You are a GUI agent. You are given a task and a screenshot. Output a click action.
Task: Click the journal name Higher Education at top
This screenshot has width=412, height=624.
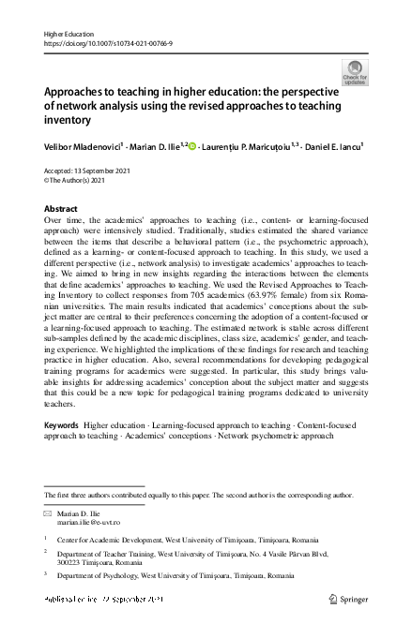(x=67, y=34)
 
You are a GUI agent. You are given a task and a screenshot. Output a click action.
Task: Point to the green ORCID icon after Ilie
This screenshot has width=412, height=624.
(x=192, y=145)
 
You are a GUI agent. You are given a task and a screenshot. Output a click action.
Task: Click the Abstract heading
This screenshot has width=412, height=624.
(x=61, y=209)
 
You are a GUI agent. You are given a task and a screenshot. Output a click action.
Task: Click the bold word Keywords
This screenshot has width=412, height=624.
(x=62, y=425)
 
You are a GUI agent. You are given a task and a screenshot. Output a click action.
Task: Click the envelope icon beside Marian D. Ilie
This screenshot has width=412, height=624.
(x=49, y=515)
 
